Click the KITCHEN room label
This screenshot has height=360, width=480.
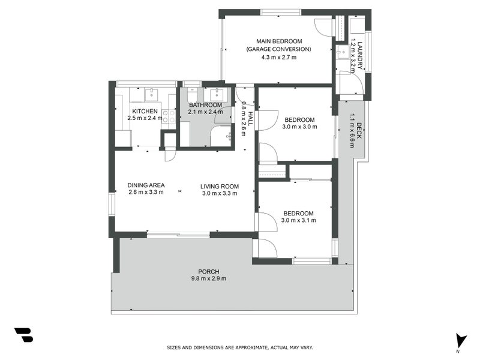pyautogui.click(x=145, y=111)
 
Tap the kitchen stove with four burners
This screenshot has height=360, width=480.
pyautogui.click(x=168, y=116)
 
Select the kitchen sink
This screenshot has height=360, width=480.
pyautogui.click(x=151, y=94)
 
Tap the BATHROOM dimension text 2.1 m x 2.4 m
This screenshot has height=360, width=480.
pyautogui.click(x=205, y=112)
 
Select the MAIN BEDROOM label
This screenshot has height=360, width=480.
pyautogui.click(x=278, y=41)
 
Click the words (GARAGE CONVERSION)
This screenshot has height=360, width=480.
pyautogui.click(x=278, y=49)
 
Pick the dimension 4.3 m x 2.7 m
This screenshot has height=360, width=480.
pyautogui.click(x=278, y=58)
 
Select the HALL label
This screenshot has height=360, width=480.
pyautogui.click(x=250, y=117)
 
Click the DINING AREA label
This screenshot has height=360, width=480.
pyautogui.click(x=146, y=185)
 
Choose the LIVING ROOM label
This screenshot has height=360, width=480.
pyautogui.click(x=219, y=185)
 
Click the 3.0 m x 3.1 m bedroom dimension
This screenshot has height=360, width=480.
pyautogui.click(x=298, y=221)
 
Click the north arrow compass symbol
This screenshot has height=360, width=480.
pyautogui.click(x=460, y=340)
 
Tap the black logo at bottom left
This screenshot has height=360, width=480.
pyautogui.click(x=23, y=335)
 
